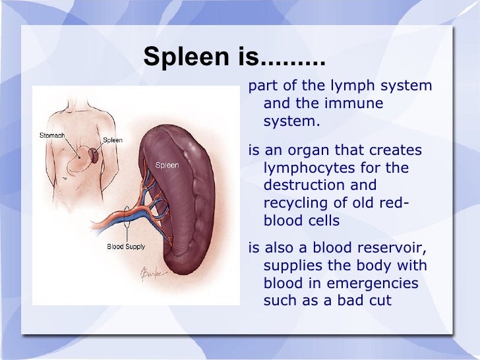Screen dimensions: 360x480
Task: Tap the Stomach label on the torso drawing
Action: point(52,135)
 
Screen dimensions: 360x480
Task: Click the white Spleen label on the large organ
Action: point(167,165)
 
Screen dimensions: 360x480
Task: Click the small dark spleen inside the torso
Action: point(95,156)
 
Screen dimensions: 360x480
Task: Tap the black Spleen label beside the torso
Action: point(111,140)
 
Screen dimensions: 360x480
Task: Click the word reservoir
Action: point(394,248)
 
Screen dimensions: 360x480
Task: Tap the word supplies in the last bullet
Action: point(291,266)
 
